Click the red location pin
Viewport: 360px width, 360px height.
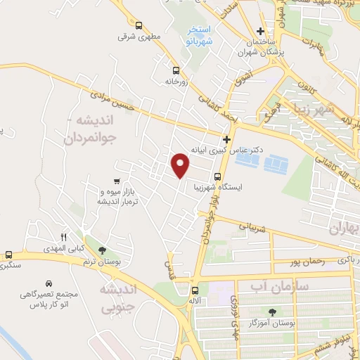point(181,165)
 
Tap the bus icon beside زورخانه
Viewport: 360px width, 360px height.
point(176,70)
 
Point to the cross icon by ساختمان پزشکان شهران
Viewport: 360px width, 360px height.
point(260,31)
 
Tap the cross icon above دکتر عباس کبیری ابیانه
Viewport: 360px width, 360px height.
point(226,139)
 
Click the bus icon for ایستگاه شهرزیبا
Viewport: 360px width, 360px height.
point(217,176)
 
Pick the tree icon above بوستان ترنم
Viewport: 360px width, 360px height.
point(103,250)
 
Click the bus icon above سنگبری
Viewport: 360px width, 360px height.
point(8,255)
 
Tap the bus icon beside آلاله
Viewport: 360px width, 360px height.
point(195,289)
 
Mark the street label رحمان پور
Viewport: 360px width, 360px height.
point(307,262)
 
